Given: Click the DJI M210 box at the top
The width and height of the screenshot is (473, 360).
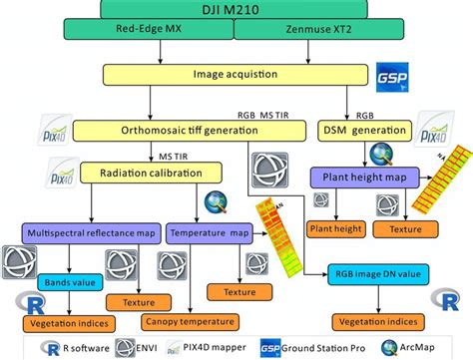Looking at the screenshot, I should (x=236, y=9).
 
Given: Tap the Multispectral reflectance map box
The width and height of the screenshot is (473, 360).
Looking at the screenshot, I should (x=89, y=232).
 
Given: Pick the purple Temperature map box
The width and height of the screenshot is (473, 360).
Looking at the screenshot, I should (x=211, y=232).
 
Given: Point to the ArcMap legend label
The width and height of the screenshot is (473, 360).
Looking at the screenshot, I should (x=445, y=349).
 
